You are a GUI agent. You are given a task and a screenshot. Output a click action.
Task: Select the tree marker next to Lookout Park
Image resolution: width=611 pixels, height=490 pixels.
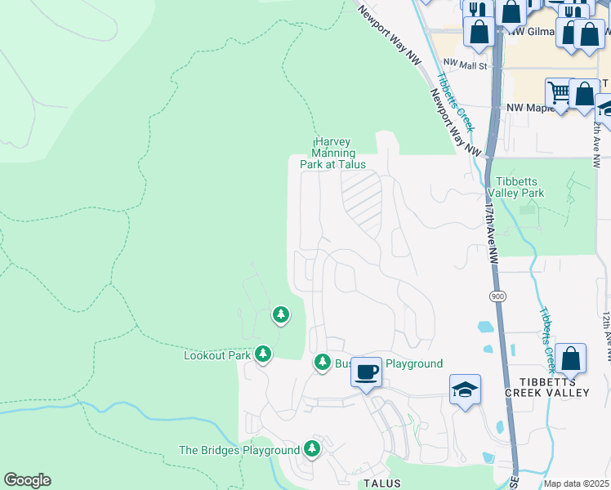coord(262,354)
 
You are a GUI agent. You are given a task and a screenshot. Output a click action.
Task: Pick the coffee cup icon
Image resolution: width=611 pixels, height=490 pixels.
coord(366,372)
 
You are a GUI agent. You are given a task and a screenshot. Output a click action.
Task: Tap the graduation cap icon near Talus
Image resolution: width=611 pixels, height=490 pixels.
coord(465,390)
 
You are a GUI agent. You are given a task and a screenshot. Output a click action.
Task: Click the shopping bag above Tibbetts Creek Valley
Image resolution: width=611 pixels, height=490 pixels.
coord(571,358)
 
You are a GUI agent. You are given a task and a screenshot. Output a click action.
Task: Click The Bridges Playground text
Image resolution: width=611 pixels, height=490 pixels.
coord(239,450)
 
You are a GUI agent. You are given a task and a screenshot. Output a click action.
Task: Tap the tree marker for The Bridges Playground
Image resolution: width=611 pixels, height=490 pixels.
coord(311,448)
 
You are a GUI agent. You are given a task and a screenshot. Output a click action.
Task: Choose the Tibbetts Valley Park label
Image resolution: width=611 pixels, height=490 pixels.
coord(515,187)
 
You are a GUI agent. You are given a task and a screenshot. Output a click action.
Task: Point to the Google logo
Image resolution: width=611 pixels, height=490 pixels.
coord(27,480)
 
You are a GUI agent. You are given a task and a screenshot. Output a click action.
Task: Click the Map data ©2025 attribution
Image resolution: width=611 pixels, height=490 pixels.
coord(577,483)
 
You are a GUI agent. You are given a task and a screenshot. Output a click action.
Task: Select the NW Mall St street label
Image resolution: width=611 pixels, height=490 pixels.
coord(465,65)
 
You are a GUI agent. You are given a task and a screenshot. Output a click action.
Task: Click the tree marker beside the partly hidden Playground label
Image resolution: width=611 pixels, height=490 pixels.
coord(322,363)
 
